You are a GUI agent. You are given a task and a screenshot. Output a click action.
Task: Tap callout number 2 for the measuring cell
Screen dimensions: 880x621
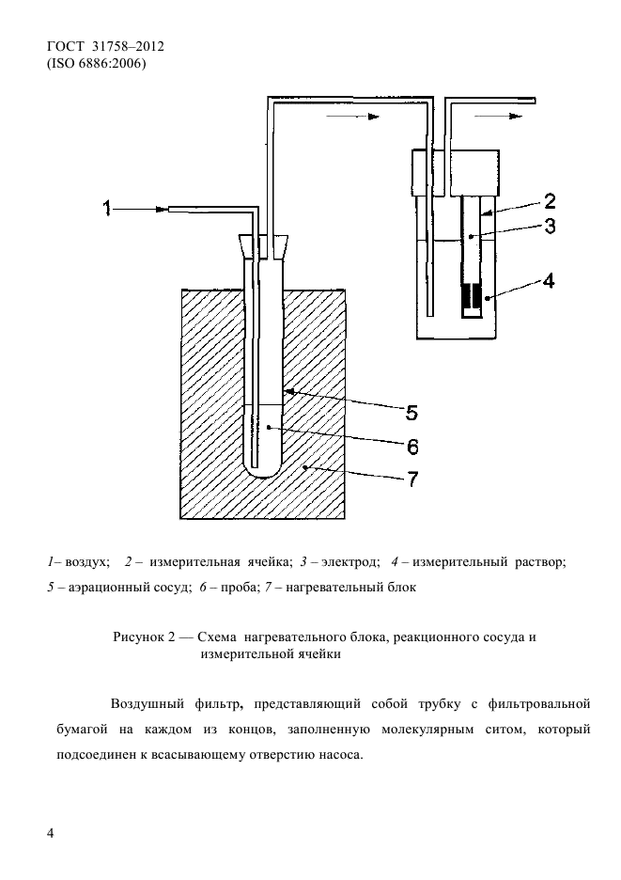point(550,199)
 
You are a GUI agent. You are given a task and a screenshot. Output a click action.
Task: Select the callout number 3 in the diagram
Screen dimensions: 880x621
point(550,226)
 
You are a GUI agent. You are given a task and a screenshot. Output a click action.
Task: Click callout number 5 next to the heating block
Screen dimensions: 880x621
point(411,411)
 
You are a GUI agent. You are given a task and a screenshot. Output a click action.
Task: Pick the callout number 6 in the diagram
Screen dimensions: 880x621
point(411,445)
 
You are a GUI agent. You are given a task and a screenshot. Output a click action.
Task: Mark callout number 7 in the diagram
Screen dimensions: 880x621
point(411,479)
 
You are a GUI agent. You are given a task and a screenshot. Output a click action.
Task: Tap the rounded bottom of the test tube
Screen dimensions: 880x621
point(265,464)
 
